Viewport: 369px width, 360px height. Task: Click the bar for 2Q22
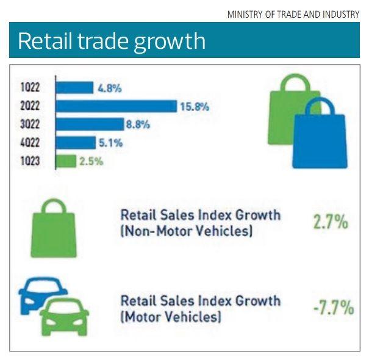(x=116, y=106)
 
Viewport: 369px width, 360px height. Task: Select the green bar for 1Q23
(x=66, y=162)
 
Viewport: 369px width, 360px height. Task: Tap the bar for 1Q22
(x=74, y=88)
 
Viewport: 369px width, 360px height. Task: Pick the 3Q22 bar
(x=90, y=124)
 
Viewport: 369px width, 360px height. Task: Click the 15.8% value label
(x=195, y=107)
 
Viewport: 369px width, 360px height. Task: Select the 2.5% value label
(x=91, y=162)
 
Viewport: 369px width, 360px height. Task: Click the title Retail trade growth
(x=111, y=41)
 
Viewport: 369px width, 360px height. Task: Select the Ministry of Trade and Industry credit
(x=293, y=13)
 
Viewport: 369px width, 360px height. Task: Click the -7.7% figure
(x=332, y=308)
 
